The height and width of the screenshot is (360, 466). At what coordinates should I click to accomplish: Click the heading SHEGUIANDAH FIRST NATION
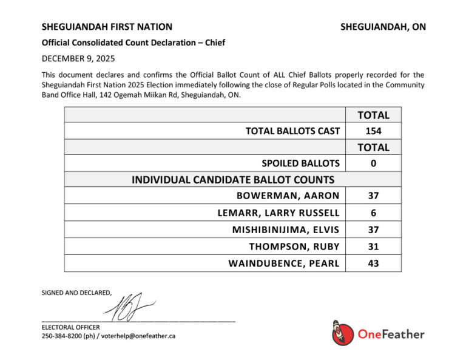(x=107, y=27)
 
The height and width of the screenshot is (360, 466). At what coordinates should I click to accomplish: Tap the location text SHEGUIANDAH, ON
(x=383, y=27)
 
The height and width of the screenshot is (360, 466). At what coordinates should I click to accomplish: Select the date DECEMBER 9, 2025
(x=78, y=59)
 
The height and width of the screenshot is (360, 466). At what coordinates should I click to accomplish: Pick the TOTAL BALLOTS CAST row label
(x=292, y=131)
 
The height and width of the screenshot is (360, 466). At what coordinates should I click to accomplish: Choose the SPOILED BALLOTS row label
(x=300, y=163)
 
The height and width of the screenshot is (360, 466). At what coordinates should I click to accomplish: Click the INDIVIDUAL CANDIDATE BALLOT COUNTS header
(x=233, y=180)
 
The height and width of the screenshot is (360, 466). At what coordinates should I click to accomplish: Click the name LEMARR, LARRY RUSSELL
(x=279, y=213)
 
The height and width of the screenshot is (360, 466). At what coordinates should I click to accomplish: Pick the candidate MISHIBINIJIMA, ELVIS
(x=286, y=230)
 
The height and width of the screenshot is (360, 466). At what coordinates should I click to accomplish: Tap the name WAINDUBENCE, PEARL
(x=284, y=264)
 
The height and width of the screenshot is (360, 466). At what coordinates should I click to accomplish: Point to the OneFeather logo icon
(x=343, y=333)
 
